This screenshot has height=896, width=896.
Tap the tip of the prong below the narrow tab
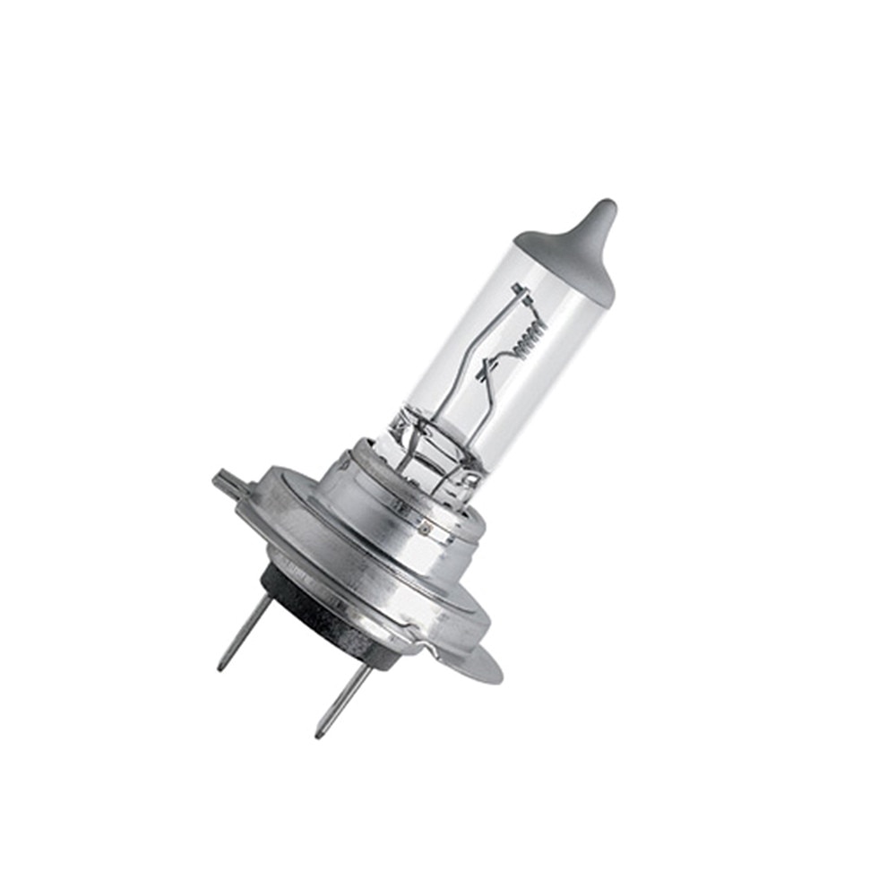point(220,668)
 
